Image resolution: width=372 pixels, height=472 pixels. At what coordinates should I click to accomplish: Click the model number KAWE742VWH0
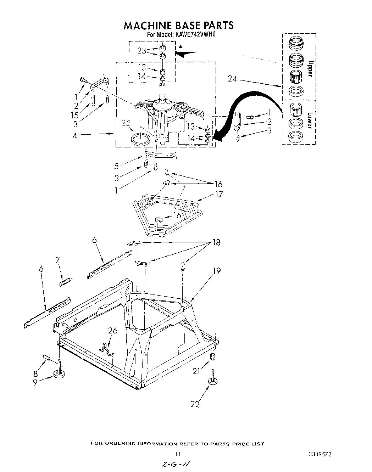pyautogui.click(x=194, y=35)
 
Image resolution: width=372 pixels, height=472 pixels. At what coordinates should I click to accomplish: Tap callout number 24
pyautogui.click(x=232, y=79)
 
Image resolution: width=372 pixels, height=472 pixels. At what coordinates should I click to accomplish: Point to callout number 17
pyautogui.click(x=219, y=194)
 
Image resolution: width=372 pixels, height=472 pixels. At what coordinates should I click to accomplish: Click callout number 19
pyautogui.click(x=216, y=271)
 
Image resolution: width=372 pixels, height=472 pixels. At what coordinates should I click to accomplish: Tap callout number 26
pyautogui.click(x=113, y=331)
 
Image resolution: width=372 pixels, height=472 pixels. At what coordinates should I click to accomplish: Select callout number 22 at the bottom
pyautogui.click(x=195, y=404)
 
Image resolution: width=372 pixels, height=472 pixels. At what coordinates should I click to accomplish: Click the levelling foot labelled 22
pyautogui.click(x=213, y=381)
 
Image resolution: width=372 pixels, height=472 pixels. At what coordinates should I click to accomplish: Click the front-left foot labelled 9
pyautogui.click(x=58, y=374)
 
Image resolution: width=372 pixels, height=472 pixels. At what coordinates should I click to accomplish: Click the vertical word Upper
pyautogui.click(x=310, y=68)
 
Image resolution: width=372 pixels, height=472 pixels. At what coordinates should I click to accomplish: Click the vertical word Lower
pyautogui.click(x=310, y=121)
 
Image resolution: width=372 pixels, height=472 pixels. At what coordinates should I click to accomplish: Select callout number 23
pyautogui.click(x=142, y=51)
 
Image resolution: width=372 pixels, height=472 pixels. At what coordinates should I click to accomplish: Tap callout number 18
pyautogui.click(x=216, y=242)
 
